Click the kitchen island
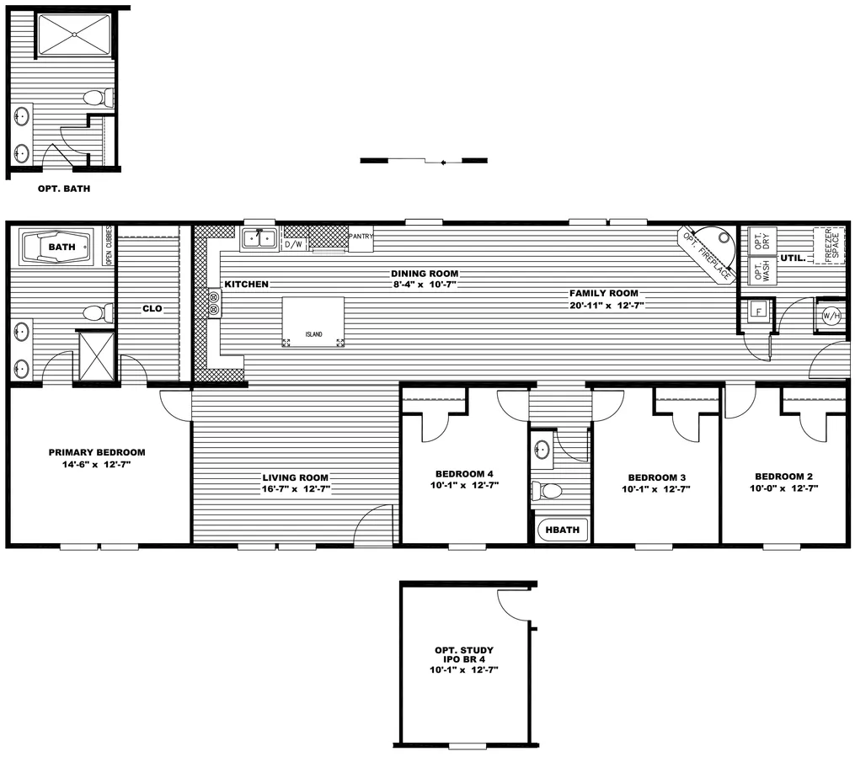tap(313, 322)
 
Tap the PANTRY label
tap(360, 237)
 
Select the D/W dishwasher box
tap(294, 244)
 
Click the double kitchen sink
tap(259, 239)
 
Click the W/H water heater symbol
tap(830, 316)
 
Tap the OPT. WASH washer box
tap(762, 270)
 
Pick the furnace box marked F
tap(758, 312)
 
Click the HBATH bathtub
tap(563, 530)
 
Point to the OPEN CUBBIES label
tap(109, 247)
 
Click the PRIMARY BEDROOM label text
tap(97, 452)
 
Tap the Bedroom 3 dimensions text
tap(655, 488)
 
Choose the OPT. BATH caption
tap(64, 189)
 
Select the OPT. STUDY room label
tap(464, 650)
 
